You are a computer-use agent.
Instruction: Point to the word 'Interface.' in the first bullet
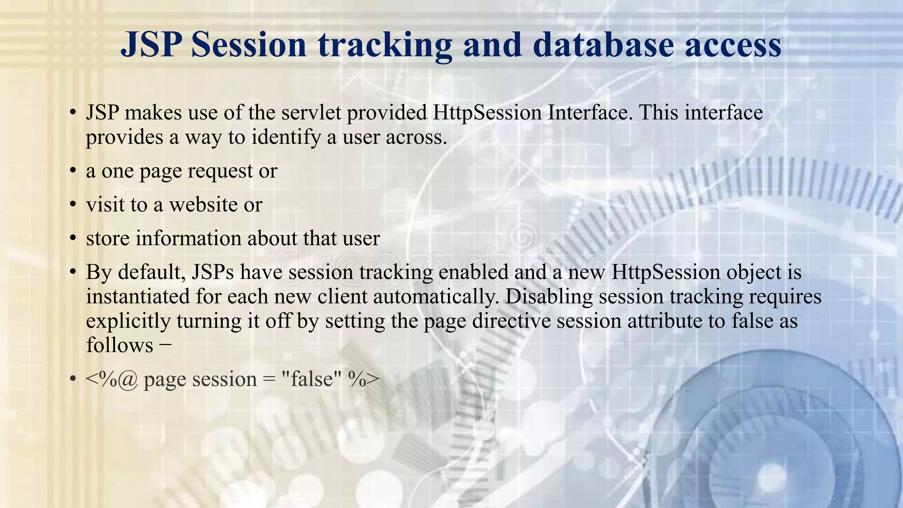pos(590,113)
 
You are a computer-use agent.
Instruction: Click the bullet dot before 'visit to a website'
pos(73,205)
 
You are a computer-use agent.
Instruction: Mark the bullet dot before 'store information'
pos(73,239)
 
